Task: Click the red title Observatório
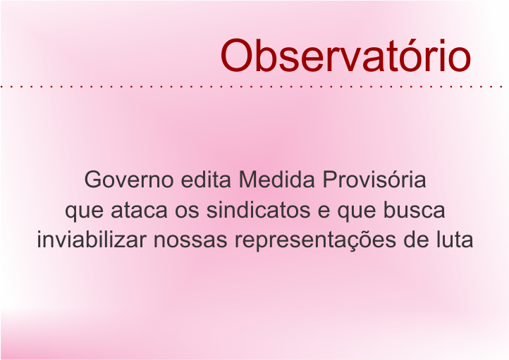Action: tap(345, 56)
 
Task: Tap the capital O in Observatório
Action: tap(236, 56)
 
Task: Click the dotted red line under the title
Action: tap(252, 87)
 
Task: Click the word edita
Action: tap(206, 179)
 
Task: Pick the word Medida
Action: tap(277, 179)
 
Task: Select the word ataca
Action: tap(140, 210)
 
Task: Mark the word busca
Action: tap(414, 209)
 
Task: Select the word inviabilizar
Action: tap(92, 240)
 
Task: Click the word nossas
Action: tap(190, 242)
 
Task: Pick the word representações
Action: tap(315, 242)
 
